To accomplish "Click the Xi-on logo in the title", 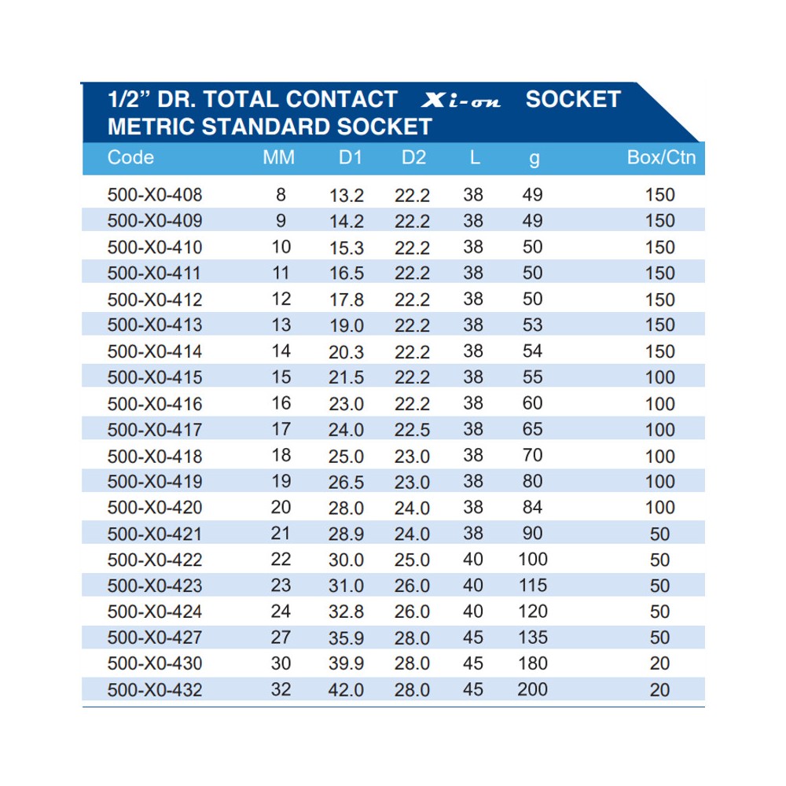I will [461, 101].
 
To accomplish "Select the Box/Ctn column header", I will [661, 157].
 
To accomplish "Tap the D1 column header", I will [350, 157].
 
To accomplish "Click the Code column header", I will [130, 157].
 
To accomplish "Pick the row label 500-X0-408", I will [155, 195].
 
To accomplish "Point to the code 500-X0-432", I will [155, 690].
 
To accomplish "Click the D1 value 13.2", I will [346, 195].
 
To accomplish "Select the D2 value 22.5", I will [413, 430].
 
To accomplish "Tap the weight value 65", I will [532, 430].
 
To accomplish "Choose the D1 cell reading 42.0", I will [346, 690].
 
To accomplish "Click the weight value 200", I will [532, 690].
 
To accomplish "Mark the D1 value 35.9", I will [346, 637].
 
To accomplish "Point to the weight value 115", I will [532, 586].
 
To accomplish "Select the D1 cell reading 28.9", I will [346, 534].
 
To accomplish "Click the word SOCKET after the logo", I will [573, 100].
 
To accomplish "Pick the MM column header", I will [279, 157].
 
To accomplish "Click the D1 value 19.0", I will [346, 325].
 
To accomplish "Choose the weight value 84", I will [532, 508].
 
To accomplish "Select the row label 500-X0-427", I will [155, 637].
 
